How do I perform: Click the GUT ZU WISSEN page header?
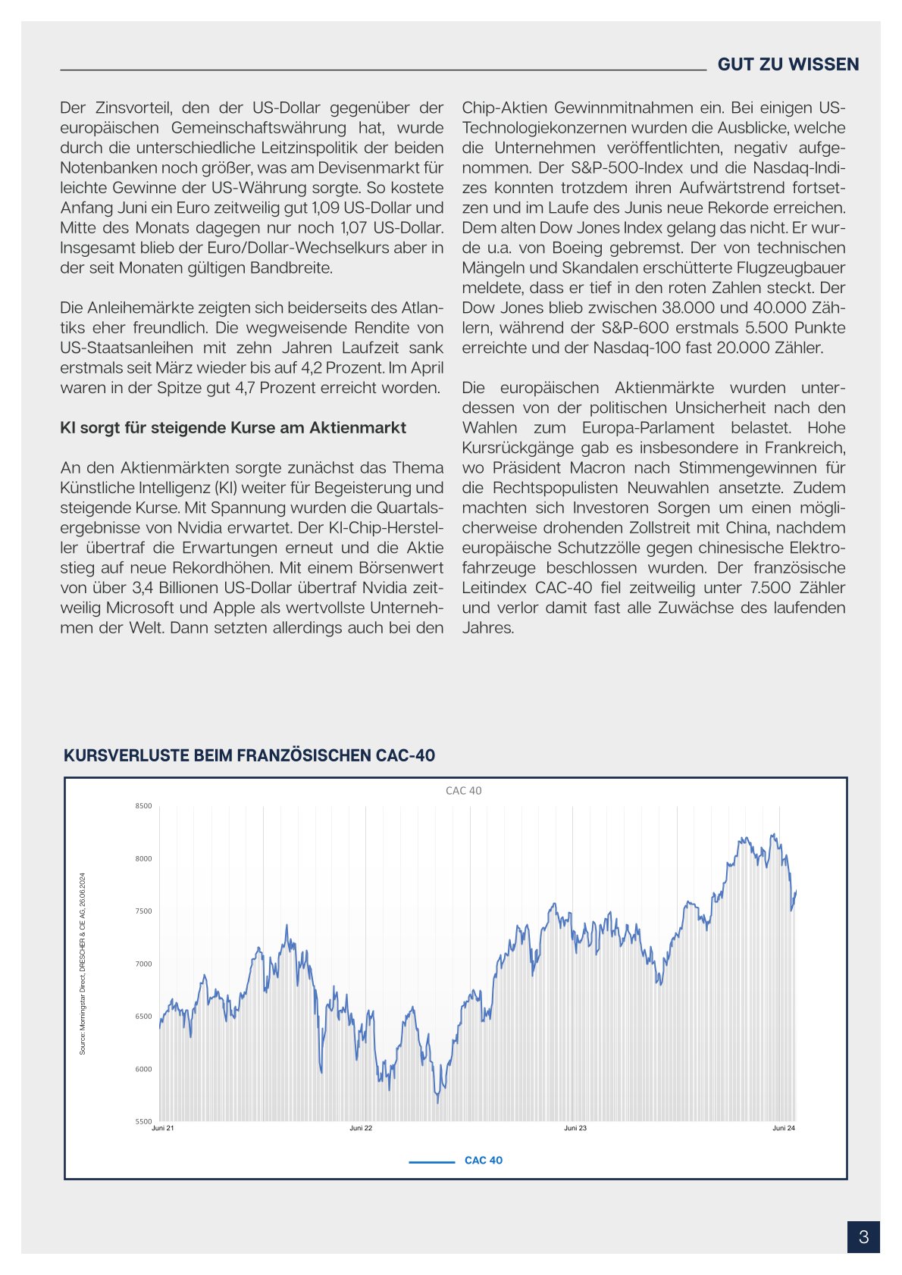788,64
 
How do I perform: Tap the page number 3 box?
863,1237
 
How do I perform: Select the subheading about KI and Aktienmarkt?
233,428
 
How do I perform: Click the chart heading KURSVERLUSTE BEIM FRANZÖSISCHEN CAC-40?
249,755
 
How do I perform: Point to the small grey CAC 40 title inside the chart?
463,791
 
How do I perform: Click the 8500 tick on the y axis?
143,806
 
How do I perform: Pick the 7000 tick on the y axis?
143,964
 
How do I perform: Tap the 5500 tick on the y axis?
143,1121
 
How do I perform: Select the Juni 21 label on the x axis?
163,1128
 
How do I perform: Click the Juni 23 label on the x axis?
575,1128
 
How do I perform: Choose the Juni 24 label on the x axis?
784,1128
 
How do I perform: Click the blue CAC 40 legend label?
483,1161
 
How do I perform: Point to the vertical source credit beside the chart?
83,964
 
